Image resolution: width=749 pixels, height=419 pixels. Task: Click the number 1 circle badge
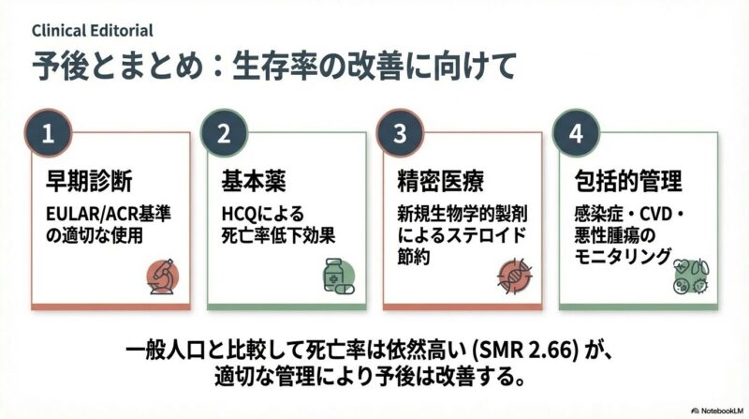[x=47, y=133]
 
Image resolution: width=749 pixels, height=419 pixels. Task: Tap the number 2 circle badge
[x=223, y=133]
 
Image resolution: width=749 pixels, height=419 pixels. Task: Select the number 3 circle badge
[x=400, y=133]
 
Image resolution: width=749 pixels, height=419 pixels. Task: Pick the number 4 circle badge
[x=576, y=133]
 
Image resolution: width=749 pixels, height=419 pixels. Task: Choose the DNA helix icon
[x=514, y=275]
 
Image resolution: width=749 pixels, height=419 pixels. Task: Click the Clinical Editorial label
[x=93, y=30]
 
